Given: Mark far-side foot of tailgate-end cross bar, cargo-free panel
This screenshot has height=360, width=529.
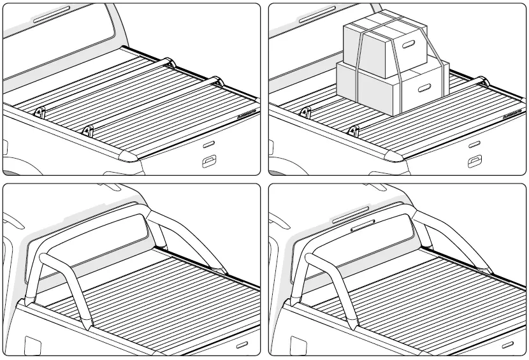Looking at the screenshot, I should click(x=217, y=81).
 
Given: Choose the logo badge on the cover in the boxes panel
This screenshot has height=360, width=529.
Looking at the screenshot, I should click(x=513, y=113).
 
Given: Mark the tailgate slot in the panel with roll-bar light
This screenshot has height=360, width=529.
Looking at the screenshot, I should click(x=511, y=345).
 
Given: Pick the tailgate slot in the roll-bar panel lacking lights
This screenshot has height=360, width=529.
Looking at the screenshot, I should click(x=243, y=345).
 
